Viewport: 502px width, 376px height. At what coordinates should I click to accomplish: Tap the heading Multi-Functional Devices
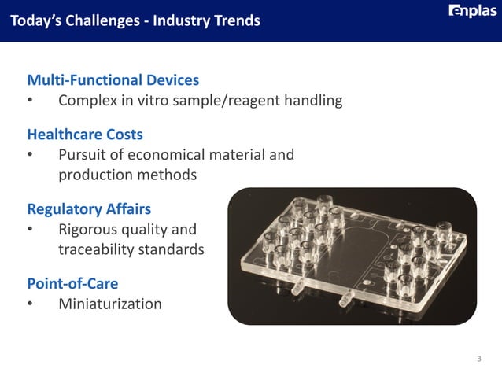(x=113, y=80)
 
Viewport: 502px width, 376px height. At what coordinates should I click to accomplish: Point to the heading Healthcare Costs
(x=85, y=135)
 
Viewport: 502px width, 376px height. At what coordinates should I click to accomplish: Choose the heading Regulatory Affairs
(x=89, y=209)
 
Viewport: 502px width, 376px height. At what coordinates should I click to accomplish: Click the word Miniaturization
(x=110, y=304)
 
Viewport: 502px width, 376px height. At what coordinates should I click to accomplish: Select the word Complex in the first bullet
(x=86, y=101)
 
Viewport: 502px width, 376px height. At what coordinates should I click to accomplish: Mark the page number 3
(x=478, y=359)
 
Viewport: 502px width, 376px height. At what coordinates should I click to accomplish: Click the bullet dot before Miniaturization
(x=30, y=304)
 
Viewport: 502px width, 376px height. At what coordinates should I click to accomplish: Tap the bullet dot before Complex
(x=30, y=101)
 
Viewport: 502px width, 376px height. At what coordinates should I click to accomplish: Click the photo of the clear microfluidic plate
(x=352, y=256)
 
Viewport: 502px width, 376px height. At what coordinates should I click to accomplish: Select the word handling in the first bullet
(x=313, y=101)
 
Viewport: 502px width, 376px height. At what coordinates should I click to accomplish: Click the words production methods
(x=127, y=175)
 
